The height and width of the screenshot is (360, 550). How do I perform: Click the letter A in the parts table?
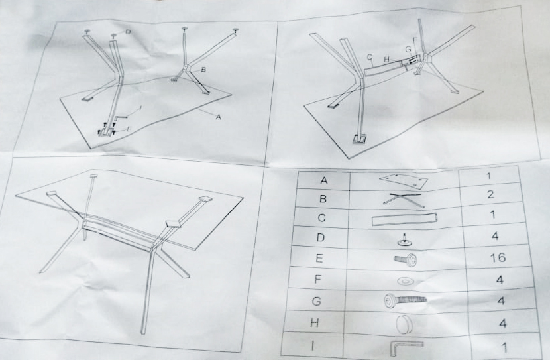pos(324,181)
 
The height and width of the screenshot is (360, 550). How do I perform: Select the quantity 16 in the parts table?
pos(498,258)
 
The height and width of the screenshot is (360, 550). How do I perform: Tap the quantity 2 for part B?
pos(491,194)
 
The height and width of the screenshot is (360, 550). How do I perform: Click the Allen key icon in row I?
pos(405,347)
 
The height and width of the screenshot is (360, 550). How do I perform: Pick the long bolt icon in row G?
pos(405,301)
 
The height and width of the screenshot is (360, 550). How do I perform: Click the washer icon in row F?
pos(404,280)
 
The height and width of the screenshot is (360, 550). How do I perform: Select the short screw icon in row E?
pos(405,260)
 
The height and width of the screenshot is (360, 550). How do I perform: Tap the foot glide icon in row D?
pos(404,239)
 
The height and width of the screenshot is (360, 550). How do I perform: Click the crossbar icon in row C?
pos(404,219)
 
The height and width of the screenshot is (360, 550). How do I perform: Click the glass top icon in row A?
pos(404,180)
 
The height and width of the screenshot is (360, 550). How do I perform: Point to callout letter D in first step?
pos(128,32)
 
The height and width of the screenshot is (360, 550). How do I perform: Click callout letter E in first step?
pos(129,129)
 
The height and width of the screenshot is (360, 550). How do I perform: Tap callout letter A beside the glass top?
pos(218,117)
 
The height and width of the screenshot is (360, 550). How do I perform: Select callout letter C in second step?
pos(369,57)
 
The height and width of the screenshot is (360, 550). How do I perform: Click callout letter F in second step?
pos(415,40)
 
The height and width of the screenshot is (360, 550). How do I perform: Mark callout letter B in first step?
pos(203,70)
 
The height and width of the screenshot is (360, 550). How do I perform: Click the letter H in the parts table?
pos(315,323)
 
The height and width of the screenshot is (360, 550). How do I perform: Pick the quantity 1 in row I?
pos(505,347)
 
